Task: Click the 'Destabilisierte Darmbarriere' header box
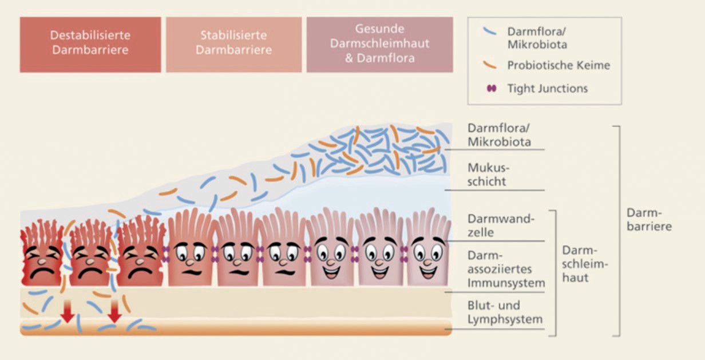(x=90, y=43)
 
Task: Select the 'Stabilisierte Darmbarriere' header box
(x=233, y=43)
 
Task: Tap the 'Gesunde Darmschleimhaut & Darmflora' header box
(x=379, y=43)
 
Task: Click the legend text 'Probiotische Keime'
(x=558, y=65)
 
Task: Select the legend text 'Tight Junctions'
(x=547, y=89)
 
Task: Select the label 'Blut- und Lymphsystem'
(x=505, y=312)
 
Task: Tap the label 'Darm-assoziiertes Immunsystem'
(x=506, y=268)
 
